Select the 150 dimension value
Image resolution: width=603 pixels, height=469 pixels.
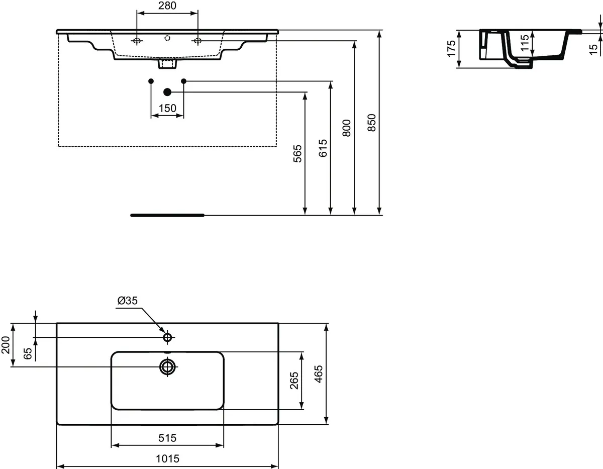(x=167, y=108)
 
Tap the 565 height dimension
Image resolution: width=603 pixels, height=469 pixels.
(x=297, y=154)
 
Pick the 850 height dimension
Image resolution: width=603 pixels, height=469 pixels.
(x=372, y=122)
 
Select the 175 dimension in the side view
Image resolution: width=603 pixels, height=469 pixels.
(x=451, y=49)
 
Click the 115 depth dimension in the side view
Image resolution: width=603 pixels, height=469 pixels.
(x=525, y=44)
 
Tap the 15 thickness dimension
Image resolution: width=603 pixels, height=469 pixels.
(x=593, y=49)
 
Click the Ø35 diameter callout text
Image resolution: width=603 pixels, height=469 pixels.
(x=127, y=301)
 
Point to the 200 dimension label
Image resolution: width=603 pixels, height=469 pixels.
(x=6, y=345)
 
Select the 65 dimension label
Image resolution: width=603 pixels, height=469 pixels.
(x=28, y=353)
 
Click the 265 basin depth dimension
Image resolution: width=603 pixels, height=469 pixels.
(x=294, y=381)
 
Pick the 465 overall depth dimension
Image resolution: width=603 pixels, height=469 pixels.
(x=319, y=373)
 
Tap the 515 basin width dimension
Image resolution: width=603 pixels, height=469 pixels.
(x=167, y=438)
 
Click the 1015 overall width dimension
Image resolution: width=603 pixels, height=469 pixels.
(x=167, y=458)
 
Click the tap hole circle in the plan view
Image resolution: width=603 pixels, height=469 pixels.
(x=167, y=337)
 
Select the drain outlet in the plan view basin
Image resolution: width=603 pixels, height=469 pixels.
(x=167, y=366)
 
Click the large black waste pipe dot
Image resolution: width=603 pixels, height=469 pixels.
(x=167, y=91)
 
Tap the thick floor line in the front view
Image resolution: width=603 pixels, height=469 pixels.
(x=167, y=215)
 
